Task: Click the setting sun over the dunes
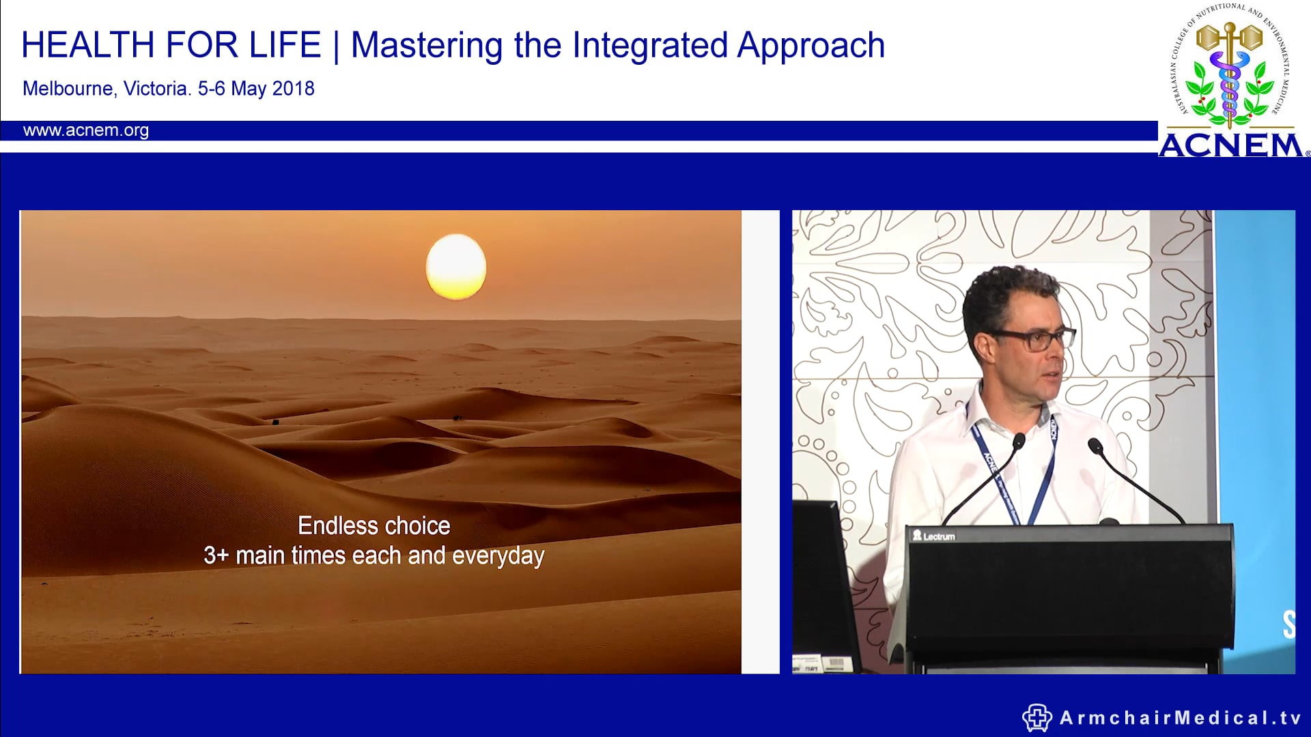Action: [455, 267]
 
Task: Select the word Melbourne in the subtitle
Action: [68, 89]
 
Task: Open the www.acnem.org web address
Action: [86, 130]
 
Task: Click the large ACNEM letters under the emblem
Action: [1230, 145]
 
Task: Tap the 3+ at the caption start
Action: [216, 555]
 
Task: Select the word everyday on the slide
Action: [498, 556]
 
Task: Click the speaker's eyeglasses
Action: [1038, 338]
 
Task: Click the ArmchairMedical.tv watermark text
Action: [1180, 718]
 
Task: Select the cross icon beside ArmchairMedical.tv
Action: [1037, 718]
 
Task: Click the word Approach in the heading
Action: [810, 46]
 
